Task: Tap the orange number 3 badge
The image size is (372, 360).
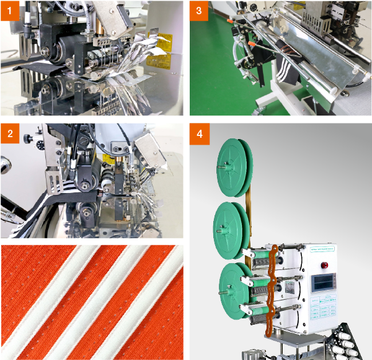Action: point(199,11)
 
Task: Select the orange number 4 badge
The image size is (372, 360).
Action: point(199,133)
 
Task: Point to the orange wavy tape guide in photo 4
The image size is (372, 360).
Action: point(269,292)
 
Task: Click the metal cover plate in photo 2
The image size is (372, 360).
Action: point(149,149)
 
